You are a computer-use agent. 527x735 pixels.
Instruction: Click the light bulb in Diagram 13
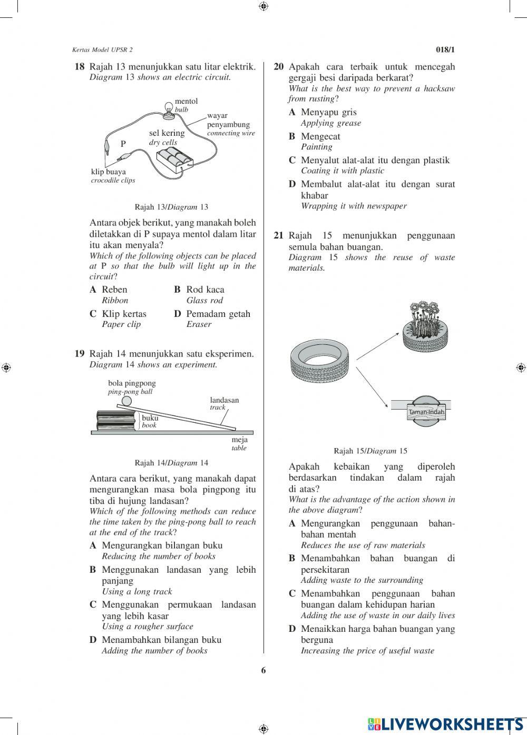[x=169, y=108]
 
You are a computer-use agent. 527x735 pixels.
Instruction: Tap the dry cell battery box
[x=175, y=158]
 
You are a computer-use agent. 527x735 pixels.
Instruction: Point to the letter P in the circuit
[x=123, y=144]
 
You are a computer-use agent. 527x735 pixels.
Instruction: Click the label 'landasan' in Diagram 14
[x=224, y=400]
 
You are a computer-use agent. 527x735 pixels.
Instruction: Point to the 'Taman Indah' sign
[x=426, y=412]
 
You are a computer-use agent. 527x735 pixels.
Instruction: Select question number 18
[x=80, y=67]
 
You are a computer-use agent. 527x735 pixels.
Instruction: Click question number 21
[x=279, y=235]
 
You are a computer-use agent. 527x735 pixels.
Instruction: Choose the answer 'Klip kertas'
[x=124, y=314]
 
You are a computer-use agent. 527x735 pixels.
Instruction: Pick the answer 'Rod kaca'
[x=205, y=290]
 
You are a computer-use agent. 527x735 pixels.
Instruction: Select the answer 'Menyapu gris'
[x=328, y=112]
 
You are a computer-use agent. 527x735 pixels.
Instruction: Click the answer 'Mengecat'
[x=320, y=136]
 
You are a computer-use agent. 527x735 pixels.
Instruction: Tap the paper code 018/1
[x=445, y=50]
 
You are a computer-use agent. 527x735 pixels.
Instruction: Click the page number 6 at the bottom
[x=263, y=670]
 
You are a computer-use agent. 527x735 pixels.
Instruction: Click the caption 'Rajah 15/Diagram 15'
[x=370, y=451]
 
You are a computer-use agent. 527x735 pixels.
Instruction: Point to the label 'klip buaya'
[x=109, y=172]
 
